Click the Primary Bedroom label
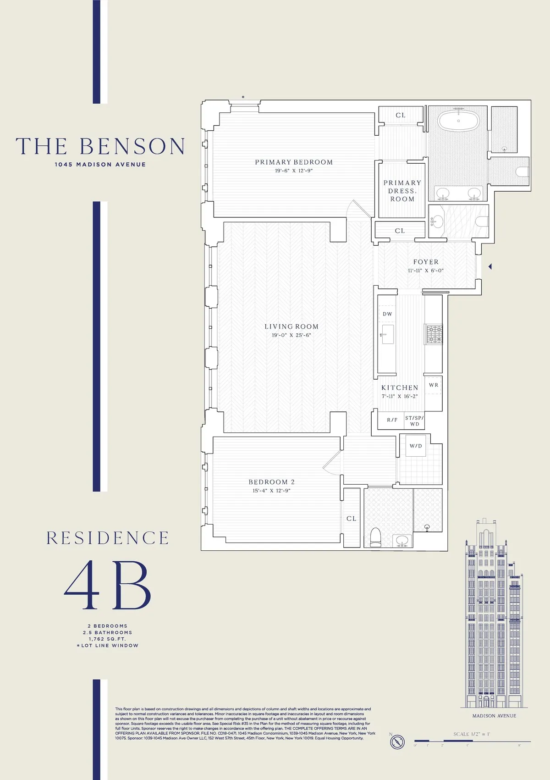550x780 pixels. [294, 162]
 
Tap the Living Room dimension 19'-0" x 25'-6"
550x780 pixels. [291, 335]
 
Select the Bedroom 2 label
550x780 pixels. [271, 482]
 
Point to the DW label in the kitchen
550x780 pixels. [387, 314]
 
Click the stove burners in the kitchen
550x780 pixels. [434, 334]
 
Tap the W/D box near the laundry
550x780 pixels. [416, 446]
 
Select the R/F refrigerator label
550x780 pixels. [392, 420]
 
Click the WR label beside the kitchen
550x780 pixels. [434, 385]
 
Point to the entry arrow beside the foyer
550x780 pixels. [490, 266]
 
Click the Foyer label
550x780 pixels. [426, 262]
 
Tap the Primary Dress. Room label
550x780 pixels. [402, 191]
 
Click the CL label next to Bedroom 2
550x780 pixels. [352, 519]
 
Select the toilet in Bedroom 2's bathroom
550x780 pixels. [375, 537]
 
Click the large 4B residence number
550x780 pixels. [107, 586]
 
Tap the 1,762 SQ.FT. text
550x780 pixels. [107, 639]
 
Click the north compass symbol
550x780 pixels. [397, 741]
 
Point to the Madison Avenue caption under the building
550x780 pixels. [494, 716]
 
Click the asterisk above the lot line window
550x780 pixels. [243, 97]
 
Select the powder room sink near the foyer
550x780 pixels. [437, 222]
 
